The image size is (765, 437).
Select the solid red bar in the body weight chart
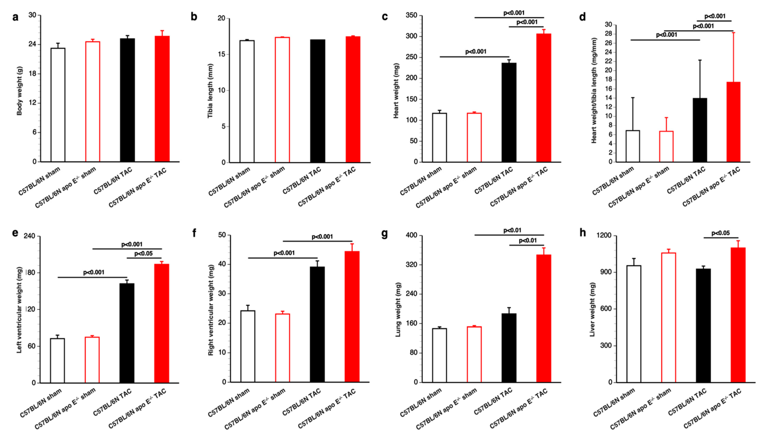162,99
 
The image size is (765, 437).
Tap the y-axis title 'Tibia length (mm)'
210,91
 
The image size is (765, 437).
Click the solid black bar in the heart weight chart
509,113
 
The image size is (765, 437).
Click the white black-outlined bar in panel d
633,146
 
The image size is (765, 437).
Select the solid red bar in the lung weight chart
544,318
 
